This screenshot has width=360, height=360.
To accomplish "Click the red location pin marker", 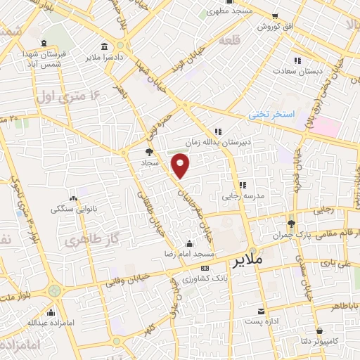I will pyautogui.click(x=181, y=166).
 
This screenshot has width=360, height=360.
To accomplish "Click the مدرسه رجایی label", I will pyautogui.click(x=242, y=197).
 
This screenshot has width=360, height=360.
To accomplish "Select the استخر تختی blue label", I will pyautogui.click(x=275, y=114).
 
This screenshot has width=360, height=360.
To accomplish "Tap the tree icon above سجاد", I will pyautogui.click(x=148, y=150).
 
